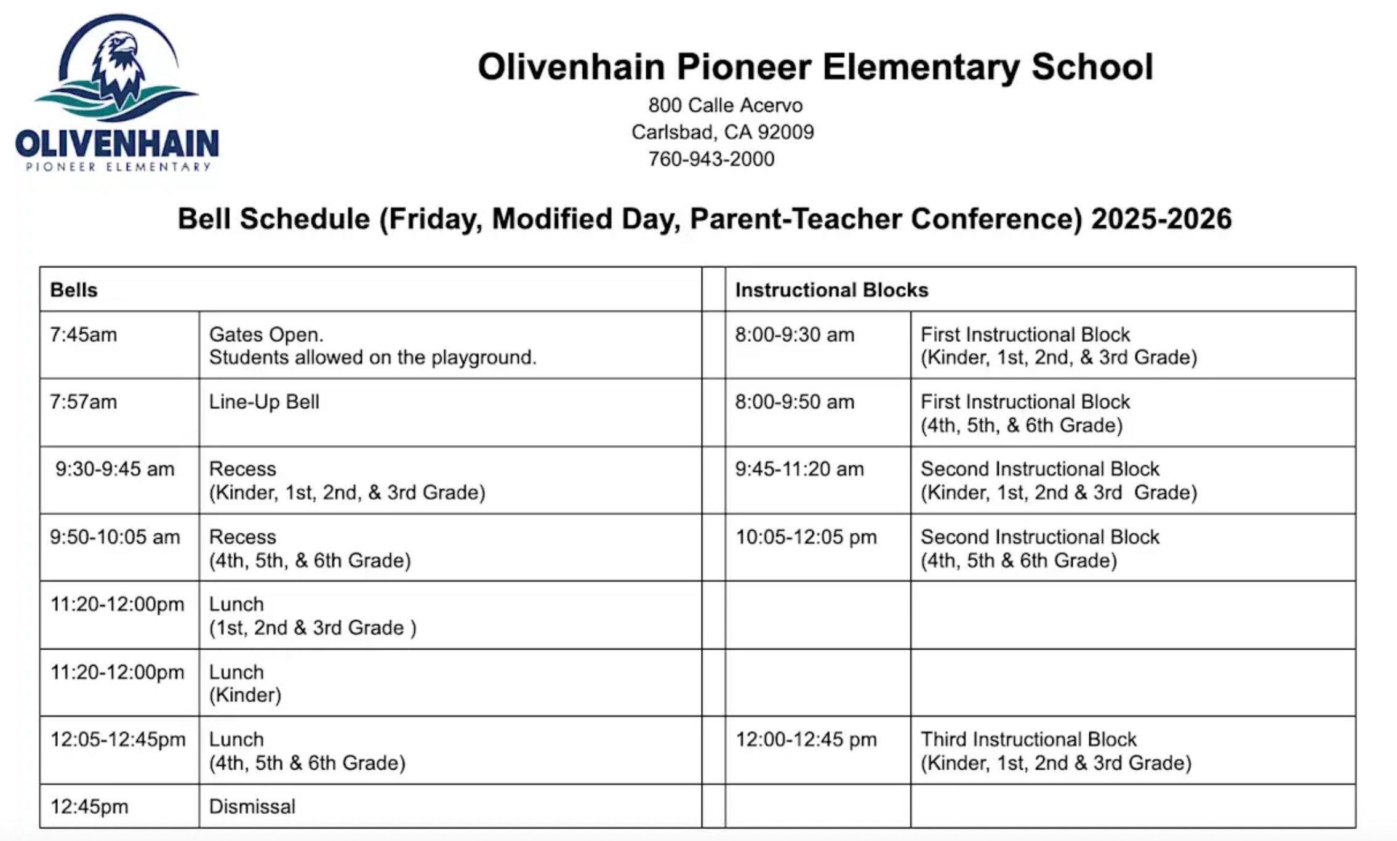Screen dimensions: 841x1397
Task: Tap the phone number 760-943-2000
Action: tap(711, 159)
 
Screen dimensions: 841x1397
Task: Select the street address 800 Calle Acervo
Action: tap(725, 105)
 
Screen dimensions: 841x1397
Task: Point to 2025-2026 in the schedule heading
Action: tap(1161, 219)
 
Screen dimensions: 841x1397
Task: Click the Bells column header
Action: tap(74, 290)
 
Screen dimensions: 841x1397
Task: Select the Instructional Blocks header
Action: tap(831, 290)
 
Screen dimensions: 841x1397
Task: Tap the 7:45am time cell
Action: tap(84, 335)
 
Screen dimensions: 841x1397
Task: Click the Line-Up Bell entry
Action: tap(264, 402)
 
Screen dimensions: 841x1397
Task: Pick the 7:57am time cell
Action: tap(84, 402)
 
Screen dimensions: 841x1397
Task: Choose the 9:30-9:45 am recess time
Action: tap(115, 469)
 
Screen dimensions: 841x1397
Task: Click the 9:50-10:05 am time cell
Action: tap(115, 537)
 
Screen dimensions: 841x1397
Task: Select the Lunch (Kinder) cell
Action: tap(245, 683)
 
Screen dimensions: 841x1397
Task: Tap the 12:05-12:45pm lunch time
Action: tap(118, 739)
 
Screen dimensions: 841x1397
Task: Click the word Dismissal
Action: tap(252, 807)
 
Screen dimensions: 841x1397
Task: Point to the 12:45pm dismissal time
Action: tap(89, 807)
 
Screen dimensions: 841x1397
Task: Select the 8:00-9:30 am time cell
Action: tap(795, 335)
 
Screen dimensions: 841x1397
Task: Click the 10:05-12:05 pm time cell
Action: tap(806, 537)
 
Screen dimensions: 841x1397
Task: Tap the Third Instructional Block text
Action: tap(1028, 739)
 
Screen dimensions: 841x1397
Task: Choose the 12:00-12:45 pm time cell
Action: tap(806, 739)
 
